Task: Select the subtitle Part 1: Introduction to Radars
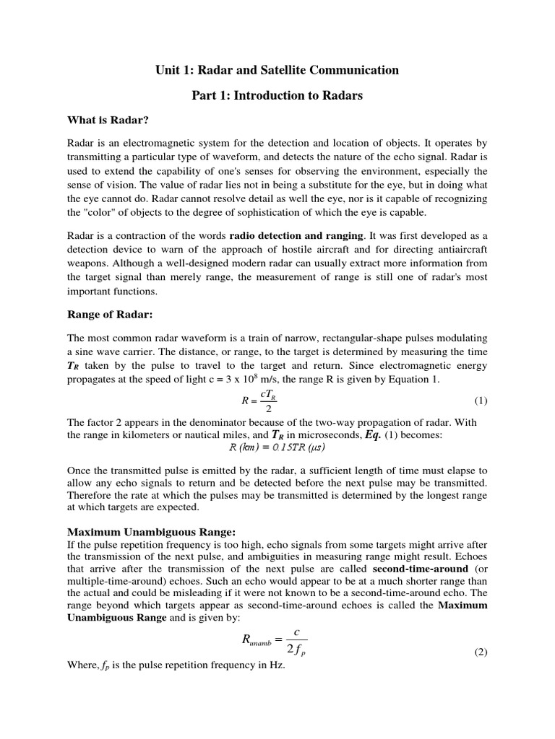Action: coord(277,96)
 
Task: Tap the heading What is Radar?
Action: coord(108,120)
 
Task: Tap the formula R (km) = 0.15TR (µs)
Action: coord(277,447)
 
